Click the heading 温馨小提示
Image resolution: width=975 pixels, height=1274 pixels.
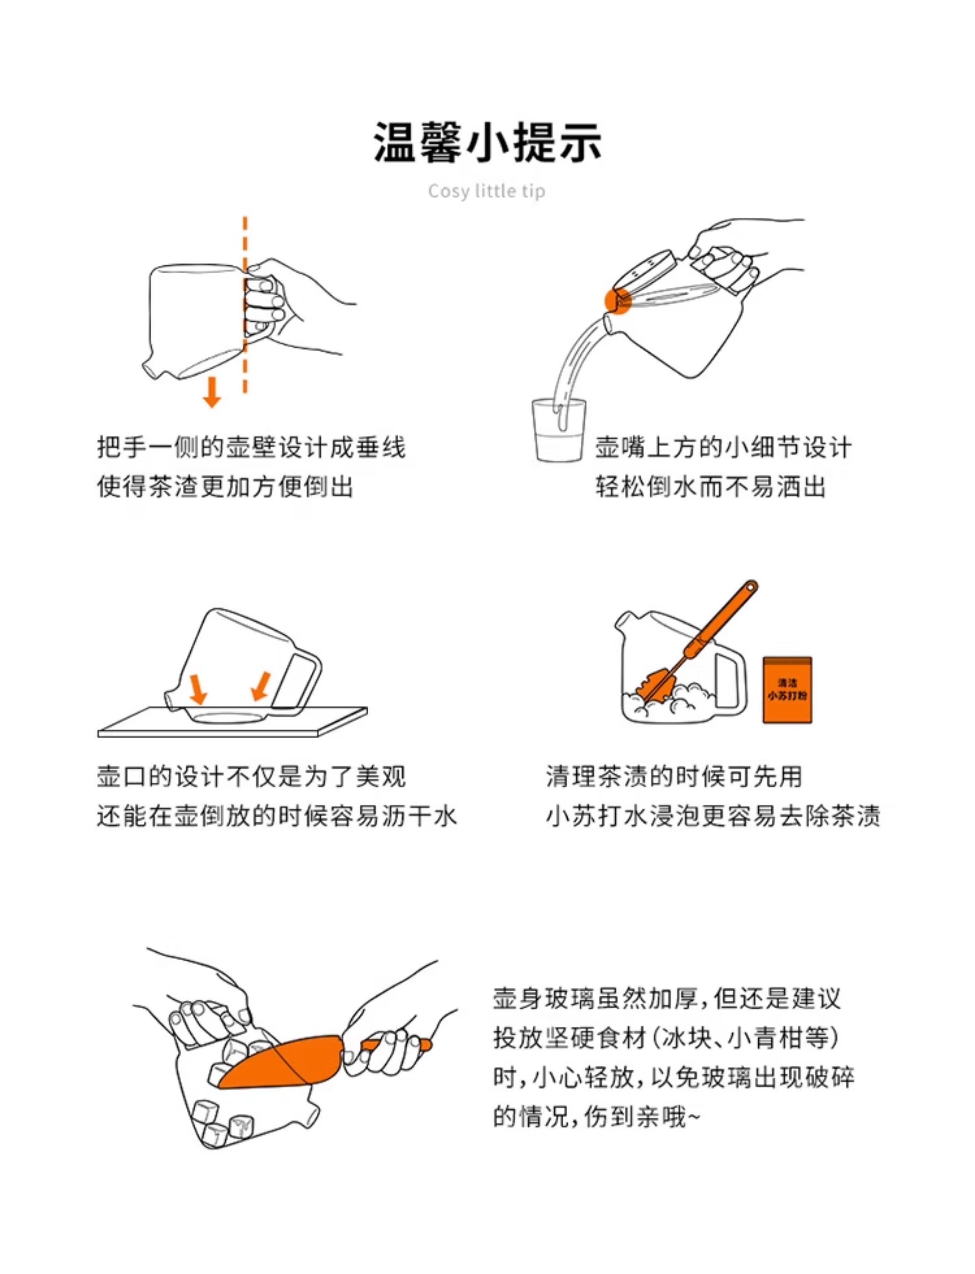487,142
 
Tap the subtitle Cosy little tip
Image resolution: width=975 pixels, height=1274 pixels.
487,191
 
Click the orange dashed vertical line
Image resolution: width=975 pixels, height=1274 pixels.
245,305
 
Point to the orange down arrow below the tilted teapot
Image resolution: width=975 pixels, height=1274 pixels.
212,392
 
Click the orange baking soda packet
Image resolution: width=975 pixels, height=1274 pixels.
787,690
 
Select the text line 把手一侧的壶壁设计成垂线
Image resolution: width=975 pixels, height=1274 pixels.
251,447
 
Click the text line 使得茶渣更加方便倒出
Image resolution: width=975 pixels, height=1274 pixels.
225,486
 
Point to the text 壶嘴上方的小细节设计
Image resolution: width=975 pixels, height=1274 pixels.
723,447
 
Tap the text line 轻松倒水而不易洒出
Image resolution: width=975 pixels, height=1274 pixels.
710,486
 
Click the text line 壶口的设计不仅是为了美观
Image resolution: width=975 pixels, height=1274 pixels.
251,777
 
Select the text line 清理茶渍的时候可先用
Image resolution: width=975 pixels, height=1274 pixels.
674,777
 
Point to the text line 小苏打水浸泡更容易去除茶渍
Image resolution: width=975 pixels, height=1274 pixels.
713,816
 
